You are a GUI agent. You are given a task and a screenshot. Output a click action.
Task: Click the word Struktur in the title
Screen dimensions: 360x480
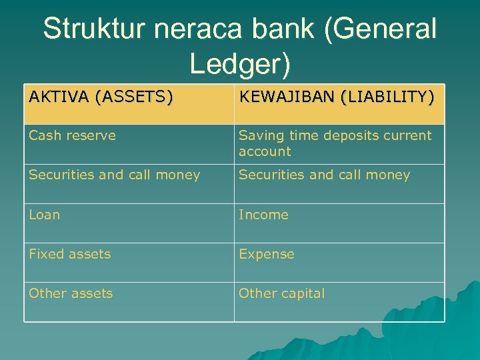tap(93, 30)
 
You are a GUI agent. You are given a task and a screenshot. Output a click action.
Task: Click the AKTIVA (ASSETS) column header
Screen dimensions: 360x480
tap(101, 97)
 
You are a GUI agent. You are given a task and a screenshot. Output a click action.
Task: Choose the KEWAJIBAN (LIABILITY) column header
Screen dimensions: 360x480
tap(337, 97)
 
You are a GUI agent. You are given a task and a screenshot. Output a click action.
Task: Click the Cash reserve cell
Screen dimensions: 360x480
tap(72, 135)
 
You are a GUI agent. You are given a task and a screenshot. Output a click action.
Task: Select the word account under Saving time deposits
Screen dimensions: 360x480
tap(265, 151)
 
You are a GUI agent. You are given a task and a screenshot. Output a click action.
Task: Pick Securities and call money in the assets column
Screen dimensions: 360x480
tap(114, 175)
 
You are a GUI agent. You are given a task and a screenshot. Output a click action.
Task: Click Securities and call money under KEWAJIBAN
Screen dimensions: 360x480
tap(324, 175)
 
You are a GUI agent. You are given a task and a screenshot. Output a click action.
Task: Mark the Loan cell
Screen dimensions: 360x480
tap(44, 215)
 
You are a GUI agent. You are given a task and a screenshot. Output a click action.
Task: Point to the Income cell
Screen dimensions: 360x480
tap(263, 215)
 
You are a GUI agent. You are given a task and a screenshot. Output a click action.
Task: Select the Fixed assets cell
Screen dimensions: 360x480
tap(69, 254)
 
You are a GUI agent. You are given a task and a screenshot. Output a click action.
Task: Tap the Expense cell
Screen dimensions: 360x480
tap(266, 254)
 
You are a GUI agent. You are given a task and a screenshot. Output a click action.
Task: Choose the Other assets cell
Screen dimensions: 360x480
tap(71, 293)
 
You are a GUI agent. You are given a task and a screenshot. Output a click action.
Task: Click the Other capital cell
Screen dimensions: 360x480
tap(281, 293)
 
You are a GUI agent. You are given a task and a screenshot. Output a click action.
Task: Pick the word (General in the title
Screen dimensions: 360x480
tap(387, 30)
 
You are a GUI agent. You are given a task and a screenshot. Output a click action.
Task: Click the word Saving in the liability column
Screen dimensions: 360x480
tap(258, 135)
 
